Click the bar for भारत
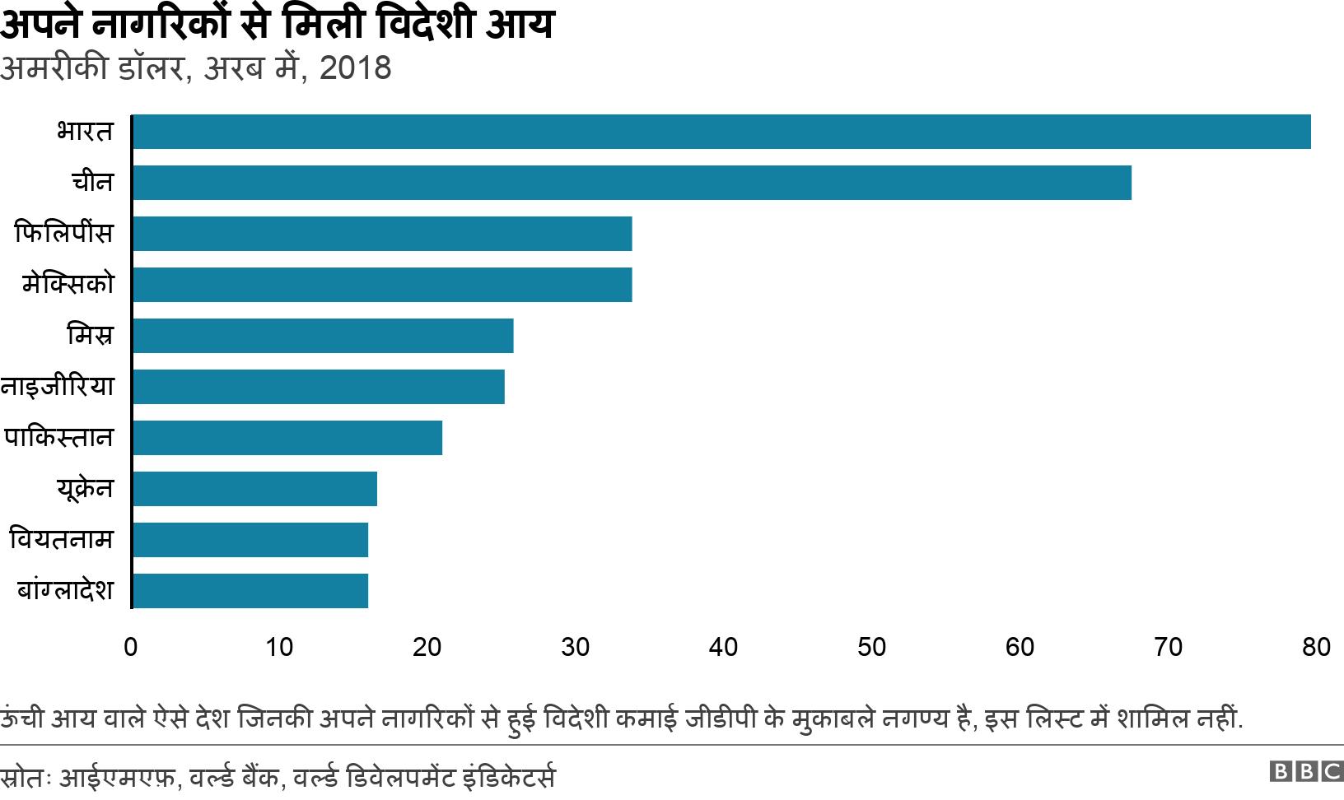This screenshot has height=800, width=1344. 721,132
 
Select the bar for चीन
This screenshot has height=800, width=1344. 631,183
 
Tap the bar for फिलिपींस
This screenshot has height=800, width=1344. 381,234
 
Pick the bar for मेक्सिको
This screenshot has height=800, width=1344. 381,285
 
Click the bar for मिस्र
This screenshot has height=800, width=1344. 322,336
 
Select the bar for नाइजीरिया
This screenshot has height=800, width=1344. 318,387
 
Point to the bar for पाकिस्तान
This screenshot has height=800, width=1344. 287,438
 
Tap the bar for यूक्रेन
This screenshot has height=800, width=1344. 254,489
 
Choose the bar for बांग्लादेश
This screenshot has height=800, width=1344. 250,591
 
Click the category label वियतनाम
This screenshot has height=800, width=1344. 61,540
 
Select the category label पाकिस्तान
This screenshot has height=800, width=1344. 58,438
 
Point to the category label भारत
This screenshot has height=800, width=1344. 84,132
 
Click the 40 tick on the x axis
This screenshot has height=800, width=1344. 723,648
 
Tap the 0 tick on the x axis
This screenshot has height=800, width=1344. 131,648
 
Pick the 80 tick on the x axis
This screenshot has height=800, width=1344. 1316,648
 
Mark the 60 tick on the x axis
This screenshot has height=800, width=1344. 1020,648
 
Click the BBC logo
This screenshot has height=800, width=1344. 1306,772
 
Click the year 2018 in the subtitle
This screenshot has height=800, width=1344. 355,68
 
